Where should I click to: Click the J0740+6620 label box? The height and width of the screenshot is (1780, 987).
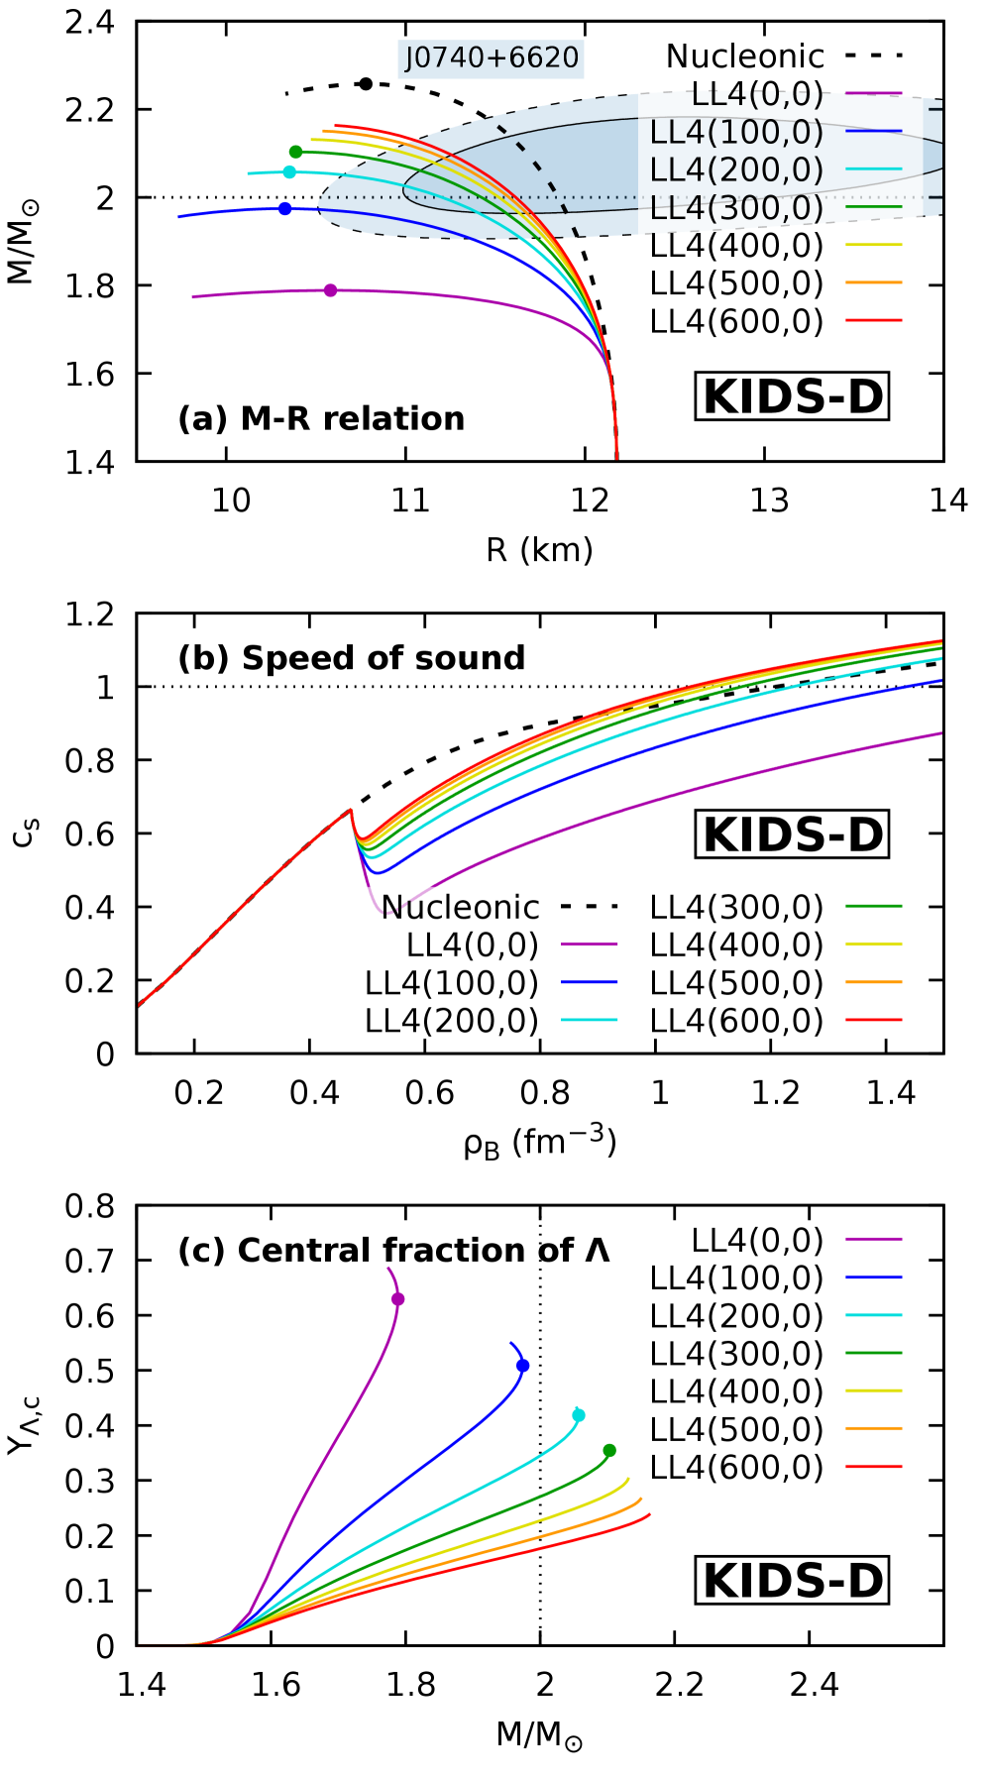click(492, 58)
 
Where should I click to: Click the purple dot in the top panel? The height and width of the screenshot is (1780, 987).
click(330, 290)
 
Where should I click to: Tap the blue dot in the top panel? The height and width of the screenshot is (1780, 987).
click(285, 209)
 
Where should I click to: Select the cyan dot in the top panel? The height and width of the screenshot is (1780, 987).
click(289, 172)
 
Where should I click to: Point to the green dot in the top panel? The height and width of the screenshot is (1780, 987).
click(295, 152)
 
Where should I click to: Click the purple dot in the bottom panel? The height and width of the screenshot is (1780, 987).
click(398, 1298)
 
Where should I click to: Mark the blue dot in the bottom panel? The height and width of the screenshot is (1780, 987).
click(523, 1366)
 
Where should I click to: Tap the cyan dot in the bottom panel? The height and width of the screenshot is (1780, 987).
click(579, 1414)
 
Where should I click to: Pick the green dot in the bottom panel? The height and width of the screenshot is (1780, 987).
click(609, 1450)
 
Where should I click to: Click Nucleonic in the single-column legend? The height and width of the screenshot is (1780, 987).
click(745, 56)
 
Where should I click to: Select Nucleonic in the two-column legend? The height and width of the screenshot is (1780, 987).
click(461, 907)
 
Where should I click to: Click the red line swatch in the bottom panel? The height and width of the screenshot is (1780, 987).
click(874, 1466)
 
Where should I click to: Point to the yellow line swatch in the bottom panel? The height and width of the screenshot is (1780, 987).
click(874, 1391)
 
